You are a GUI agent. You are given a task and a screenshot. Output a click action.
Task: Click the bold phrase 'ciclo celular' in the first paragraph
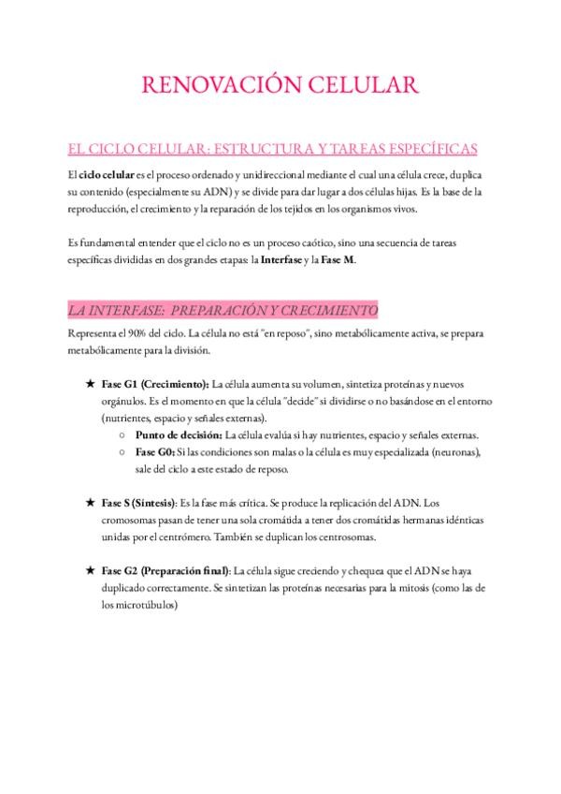108,175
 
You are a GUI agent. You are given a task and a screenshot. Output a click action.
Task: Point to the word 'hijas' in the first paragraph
401,192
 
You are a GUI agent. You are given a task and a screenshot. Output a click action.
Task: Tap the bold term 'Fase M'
338,259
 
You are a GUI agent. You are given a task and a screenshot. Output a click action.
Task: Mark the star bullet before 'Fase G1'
89,385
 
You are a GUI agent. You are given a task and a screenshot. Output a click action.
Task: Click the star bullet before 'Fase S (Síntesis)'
89,503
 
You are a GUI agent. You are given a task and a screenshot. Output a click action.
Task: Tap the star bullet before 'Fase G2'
89,570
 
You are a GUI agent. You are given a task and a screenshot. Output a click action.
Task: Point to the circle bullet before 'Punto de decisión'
123,435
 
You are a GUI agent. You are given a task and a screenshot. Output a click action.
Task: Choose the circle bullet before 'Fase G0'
123,452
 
